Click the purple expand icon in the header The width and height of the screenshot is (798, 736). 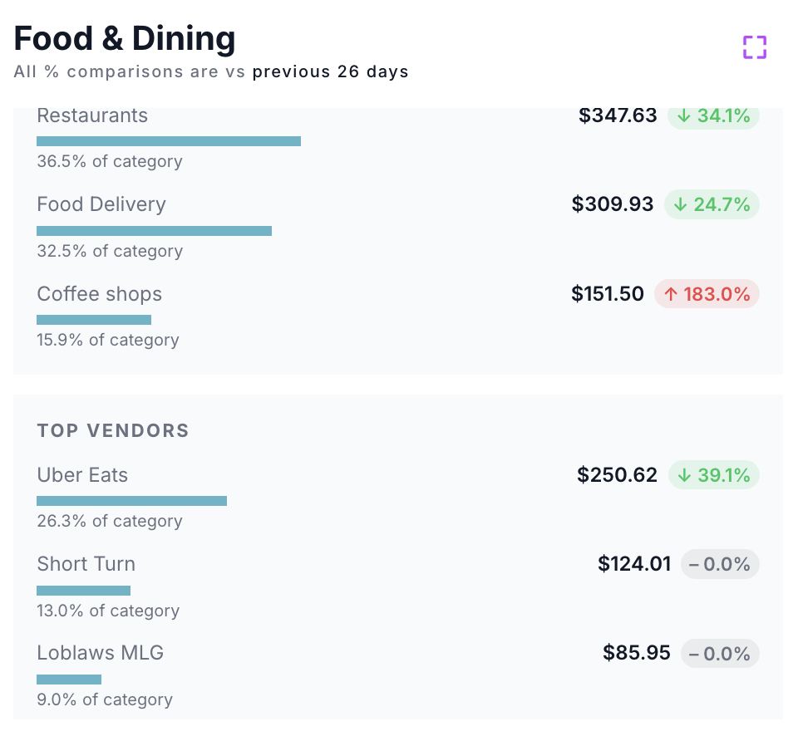click(754, 47)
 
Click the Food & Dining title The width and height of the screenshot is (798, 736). click(125, 39)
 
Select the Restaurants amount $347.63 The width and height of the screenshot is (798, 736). click(618, 115)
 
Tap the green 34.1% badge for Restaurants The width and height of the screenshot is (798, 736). click(713, 115)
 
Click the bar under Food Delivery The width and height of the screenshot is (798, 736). click(154, 231)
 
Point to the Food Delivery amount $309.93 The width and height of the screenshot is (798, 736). click(613, 204)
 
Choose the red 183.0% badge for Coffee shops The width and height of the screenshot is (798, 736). click(707, 294)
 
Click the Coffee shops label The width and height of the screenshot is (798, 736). click(100, 294)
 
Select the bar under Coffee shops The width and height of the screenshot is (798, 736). click(94, 320)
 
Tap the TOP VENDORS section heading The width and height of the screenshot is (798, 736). click(113, 430)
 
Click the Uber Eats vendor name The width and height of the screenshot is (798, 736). click(82, 475)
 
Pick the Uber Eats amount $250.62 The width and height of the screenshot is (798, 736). click(617, 475)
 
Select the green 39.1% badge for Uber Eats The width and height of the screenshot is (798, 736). click(713, 475)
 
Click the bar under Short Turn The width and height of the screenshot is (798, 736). click(83, 591)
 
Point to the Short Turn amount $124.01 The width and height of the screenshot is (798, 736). click(634, 564)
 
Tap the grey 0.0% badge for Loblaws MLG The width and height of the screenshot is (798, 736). click(720, 653)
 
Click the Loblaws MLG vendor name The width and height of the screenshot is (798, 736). click(101, 653)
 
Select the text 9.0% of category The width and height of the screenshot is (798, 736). click(105, 699)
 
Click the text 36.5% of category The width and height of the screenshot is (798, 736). click(110, 161)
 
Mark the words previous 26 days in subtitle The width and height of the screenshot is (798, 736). click(331, 71)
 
